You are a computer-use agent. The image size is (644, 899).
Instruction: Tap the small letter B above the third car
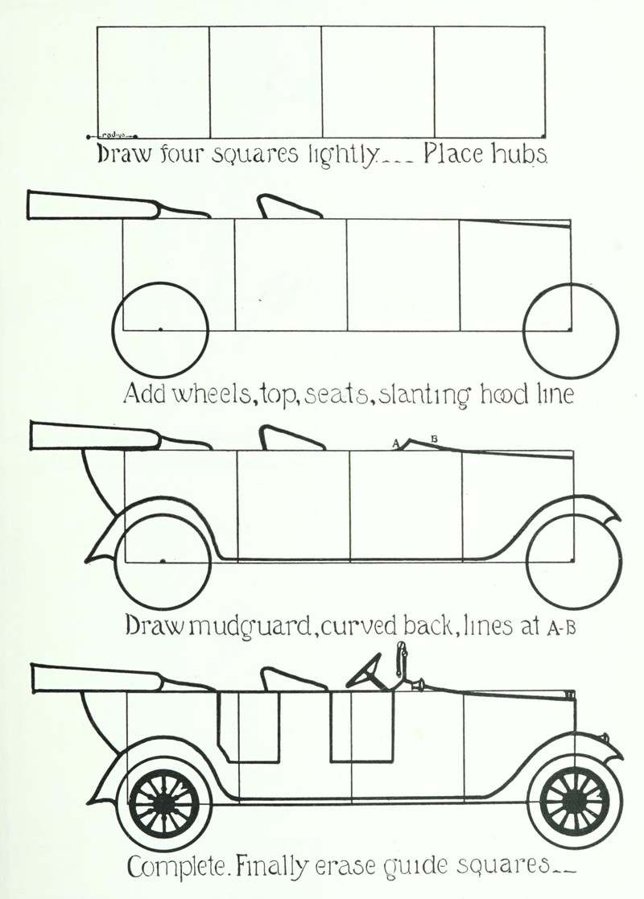(434, 439)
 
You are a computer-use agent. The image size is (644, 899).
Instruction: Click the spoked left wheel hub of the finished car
(164, 802)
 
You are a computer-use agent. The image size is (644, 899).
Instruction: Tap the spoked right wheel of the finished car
(575, 800)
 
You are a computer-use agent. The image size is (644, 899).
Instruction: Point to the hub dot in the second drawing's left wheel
(161, 328)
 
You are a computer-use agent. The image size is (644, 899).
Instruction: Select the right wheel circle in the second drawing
(571, 329)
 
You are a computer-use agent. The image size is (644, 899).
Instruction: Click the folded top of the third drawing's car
(93, 436)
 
